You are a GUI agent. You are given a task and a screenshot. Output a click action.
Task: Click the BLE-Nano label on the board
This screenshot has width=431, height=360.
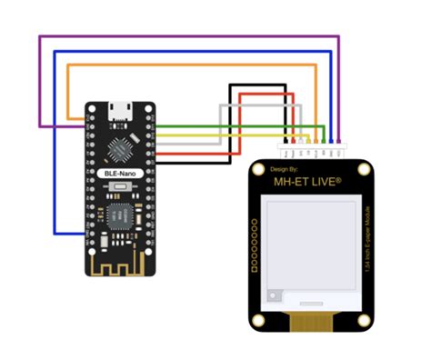point(118,172)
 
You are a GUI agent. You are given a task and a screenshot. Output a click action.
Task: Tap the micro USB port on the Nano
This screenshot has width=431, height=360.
point(118,111)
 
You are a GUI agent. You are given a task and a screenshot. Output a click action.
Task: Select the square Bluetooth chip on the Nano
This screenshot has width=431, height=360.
point(119,216)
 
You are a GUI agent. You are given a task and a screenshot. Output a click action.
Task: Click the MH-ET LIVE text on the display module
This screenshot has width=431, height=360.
point(308,182)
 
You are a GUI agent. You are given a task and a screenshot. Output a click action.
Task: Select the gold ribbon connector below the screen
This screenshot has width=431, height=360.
point(309,320)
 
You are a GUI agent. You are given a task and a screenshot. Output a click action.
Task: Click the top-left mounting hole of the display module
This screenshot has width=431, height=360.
point(259,171)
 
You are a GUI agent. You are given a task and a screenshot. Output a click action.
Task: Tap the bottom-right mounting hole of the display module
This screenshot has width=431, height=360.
point(362,320)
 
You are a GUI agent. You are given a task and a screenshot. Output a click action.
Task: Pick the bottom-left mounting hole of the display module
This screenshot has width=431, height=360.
point(259,320)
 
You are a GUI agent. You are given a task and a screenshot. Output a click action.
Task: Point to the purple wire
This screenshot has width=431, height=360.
point(182,37)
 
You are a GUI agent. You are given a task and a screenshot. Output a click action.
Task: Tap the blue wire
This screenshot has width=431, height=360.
point(182,52)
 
